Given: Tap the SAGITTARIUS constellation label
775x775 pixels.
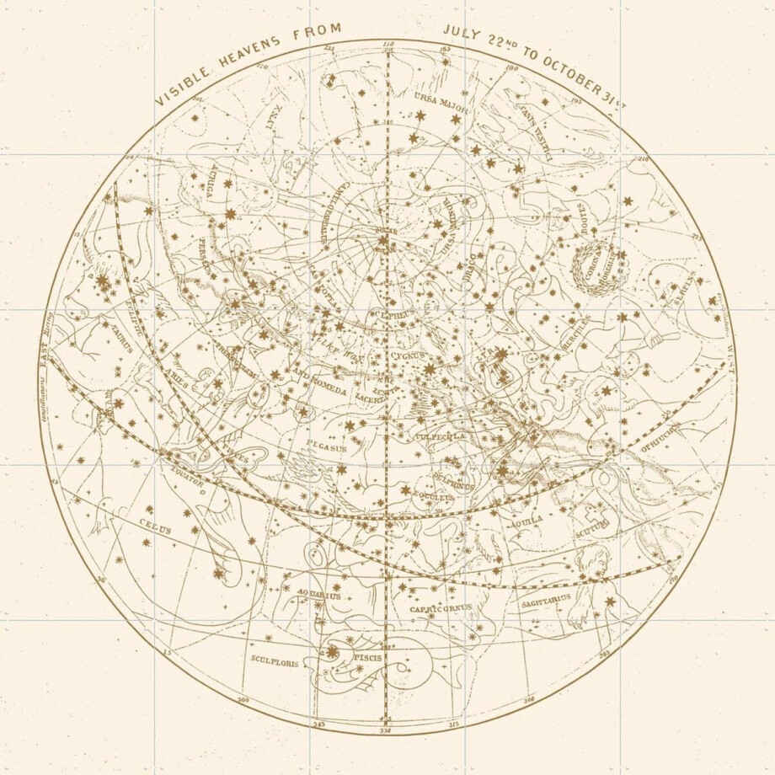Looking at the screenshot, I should tap(546, 601).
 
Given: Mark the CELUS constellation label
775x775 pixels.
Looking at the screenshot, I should tap(155, 528).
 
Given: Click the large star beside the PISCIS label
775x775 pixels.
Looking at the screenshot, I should tap(332, 651).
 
